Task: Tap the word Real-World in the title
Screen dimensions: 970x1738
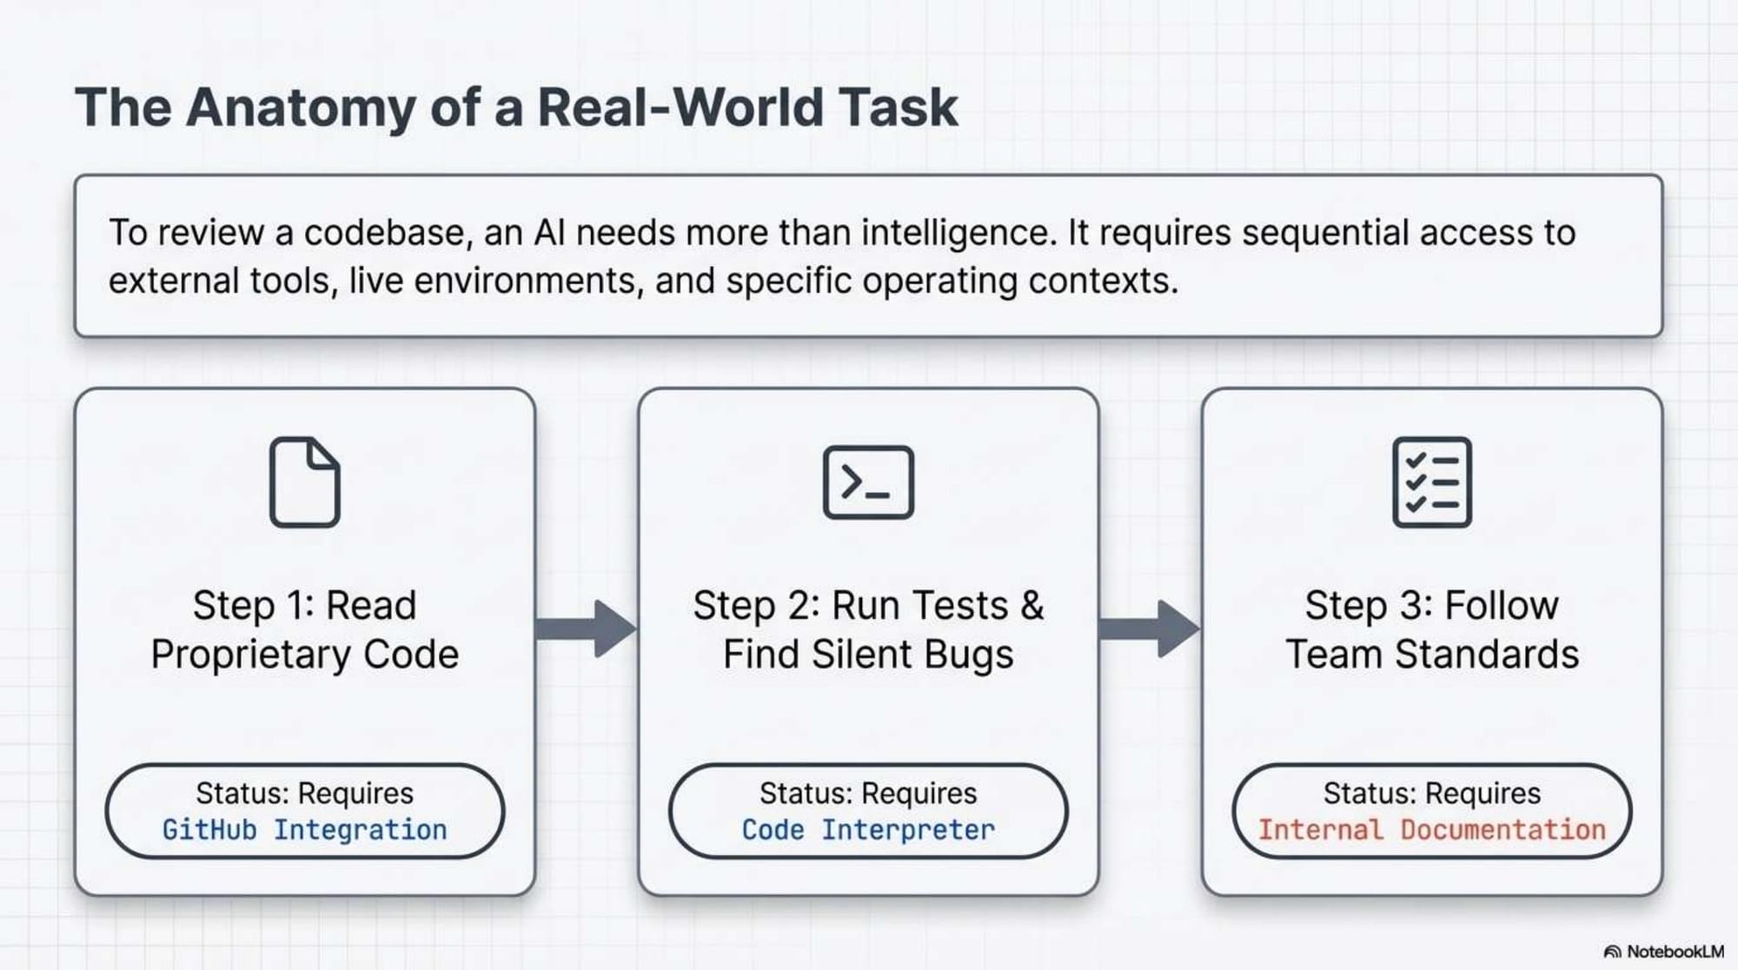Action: [x=680, y=108]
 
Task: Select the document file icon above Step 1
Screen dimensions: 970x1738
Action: [x=304, y=482]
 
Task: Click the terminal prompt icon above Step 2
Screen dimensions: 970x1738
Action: [x=868, y=482]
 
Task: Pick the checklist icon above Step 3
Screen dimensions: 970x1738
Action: [x=1431, y=482]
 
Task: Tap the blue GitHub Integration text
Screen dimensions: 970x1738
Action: [x=304, y=830]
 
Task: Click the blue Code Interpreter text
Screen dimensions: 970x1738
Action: [x=868, y=830]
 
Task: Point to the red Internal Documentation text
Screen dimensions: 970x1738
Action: [x=1431, y=830]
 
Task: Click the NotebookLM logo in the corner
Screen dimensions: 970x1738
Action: [x=1663, y=952]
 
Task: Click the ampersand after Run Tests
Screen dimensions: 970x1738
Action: [x=1032, y=606]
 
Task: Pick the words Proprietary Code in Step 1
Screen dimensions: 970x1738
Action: [x=304, y=654]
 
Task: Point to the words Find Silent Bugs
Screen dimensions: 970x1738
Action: [x=868, y=654]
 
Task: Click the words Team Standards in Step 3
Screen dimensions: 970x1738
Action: [x=1431, y=654]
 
